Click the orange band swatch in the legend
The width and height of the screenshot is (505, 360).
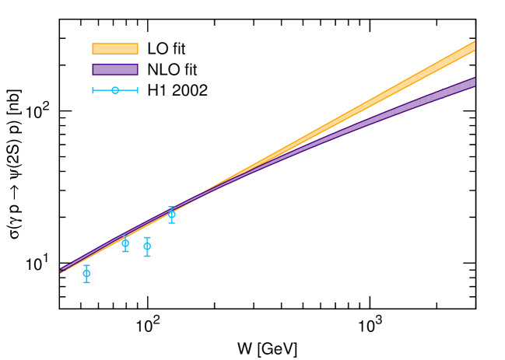[x=115, y=48]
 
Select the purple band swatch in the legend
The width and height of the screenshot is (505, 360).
[x=115, y=69]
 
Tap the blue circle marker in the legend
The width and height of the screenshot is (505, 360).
[x=115, y=90]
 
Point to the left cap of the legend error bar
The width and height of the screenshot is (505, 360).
[x=93, y=90]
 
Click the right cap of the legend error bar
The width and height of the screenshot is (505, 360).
[x=138, y=90]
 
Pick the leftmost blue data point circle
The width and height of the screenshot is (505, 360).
[x=86, y=274]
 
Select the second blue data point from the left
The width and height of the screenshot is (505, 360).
[x=125, y=243]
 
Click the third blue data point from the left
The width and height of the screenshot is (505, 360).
[x=147, y=246]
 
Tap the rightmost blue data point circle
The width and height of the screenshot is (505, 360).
[x=171, y=215]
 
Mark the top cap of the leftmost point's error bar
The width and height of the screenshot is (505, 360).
[x=86, y=265]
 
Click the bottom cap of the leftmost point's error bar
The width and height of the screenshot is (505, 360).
[x=86, y=282]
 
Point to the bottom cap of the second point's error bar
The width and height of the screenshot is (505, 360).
[x=125, y=251]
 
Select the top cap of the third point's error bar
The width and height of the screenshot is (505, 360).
[x=147, y=237]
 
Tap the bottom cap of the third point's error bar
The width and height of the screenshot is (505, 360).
[x=147, y=256]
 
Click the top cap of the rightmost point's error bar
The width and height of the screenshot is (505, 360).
[x=171, y=207]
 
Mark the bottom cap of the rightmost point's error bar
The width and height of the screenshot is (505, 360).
[x=171, y=223]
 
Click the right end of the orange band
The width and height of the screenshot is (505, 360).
[x=474, y=47]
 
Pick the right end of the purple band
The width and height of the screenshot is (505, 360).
[x=474, y=82]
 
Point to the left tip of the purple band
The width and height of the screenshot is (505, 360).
[x=61, y=270]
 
